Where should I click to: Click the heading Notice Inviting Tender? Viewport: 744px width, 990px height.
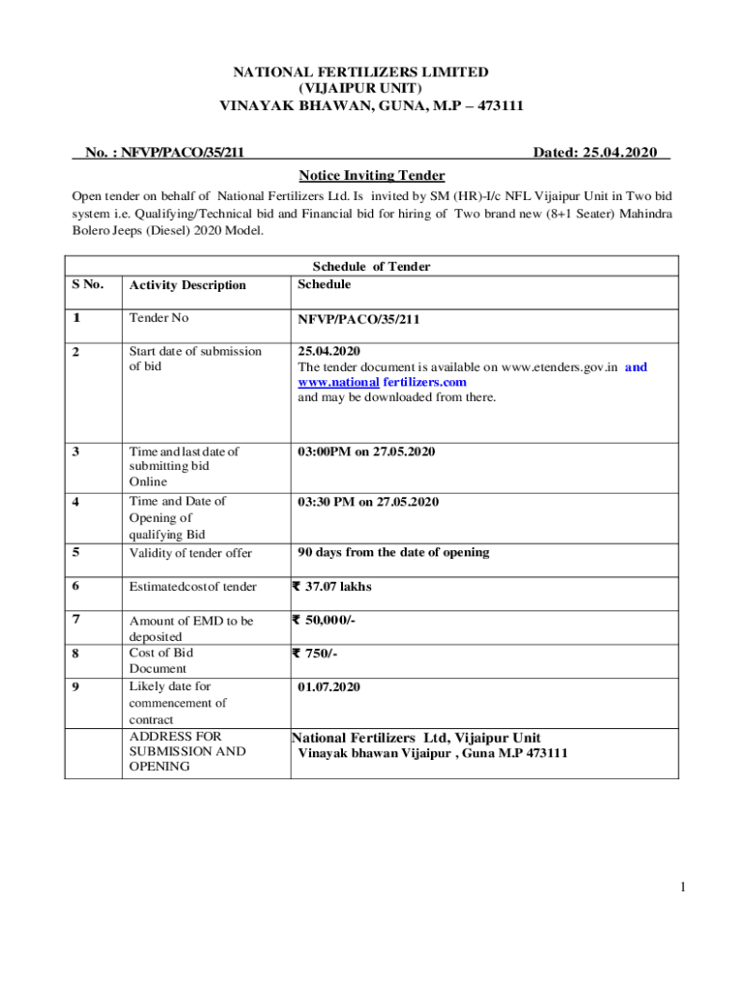[x=372, y=175]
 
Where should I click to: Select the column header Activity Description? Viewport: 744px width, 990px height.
[x=187, y=285]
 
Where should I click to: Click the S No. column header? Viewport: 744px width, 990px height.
[x=89, y=284]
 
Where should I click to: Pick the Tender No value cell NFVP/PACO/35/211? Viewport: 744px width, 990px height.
[x=358, y=319]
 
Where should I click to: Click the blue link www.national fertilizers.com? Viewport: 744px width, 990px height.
[x=382, y=382]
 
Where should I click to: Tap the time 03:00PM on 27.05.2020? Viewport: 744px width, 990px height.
[x=367, y=451]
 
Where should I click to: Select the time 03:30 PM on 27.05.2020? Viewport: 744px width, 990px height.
[x=368, y=501]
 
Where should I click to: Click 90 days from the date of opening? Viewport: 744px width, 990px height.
[x=393, y=552]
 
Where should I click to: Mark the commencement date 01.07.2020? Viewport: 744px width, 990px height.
[x=329, y=686]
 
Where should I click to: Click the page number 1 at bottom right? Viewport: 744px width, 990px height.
[x=680, y=887]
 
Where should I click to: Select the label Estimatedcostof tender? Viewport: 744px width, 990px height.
[x=193, y=587]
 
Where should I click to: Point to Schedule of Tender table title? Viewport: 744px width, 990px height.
[x=371, y=267]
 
